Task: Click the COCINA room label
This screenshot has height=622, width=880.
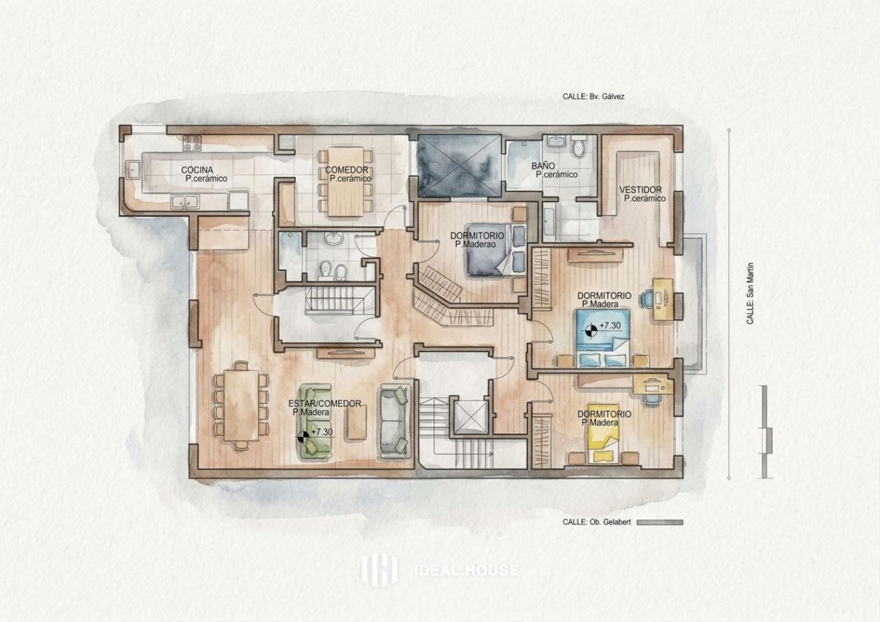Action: pos(197,170)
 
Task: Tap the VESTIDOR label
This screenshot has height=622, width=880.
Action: pos(641,190)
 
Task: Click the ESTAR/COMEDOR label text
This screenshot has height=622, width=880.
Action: pos(325,403)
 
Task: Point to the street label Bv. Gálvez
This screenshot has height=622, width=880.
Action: pos(593,96)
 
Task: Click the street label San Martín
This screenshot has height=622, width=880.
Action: pos(750,293)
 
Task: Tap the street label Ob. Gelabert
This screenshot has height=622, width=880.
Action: pos(597,522)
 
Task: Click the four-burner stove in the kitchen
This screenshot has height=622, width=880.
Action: pos(192,143)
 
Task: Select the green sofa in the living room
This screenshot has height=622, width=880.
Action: pos(315,422)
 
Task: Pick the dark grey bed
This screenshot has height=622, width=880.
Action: pos(496,250)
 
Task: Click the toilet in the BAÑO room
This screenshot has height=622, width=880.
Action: pos(578,146)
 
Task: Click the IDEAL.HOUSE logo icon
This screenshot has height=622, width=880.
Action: pos(379,570)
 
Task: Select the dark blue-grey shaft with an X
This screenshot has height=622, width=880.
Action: pos(459,166)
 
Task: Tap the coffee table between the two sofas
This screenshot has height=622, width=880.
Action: pos(357,422)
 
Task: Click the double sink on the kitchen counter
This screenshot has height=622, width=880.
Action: pos(185,202)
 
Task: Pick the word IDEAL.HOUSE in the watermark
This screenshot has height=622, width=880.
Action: pos(466,570)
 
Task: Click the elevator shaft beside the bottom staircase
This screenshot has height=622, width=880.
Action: pos(471,417)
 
